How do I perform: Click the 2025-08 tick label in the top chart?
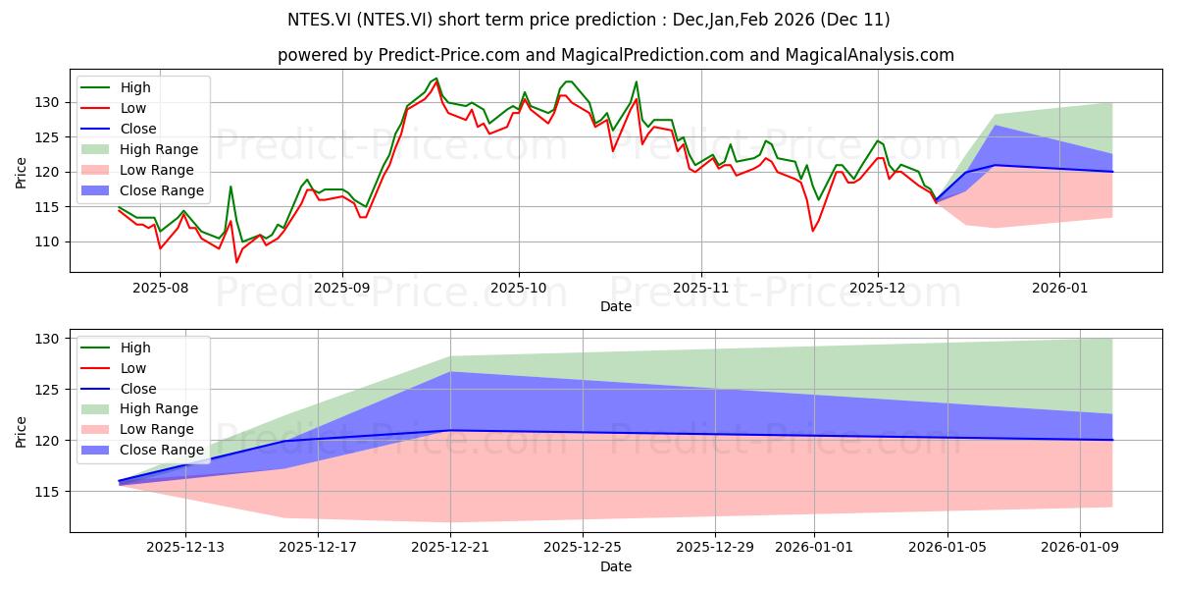160,289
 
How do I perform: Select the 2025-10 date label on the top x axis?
519,289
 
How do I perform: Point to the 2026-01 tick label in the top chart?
1060,289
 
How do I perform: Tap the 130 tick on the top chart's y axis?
47,102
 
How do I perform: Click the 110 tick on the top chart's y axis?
47,241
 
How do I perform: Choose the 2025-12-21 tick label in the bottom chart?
450,548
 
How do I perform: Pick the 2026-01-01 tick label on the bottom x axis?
814,548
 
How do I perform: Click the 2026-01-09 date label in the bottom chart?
1080,548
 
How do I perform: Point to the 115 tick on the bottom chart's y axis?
47,492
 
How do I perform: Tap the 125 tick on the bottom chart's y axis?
47,390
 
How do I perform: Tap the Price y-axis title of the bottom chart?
21,432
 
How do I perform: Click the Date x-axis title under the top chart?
616,306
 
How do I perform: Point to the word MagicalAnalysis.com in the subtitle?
870,55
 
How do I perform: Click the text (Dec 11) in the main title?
855,20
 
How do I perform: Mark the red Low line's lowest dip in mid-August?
236,262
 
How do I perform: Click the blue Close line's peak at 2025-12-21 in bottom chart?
450,431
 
